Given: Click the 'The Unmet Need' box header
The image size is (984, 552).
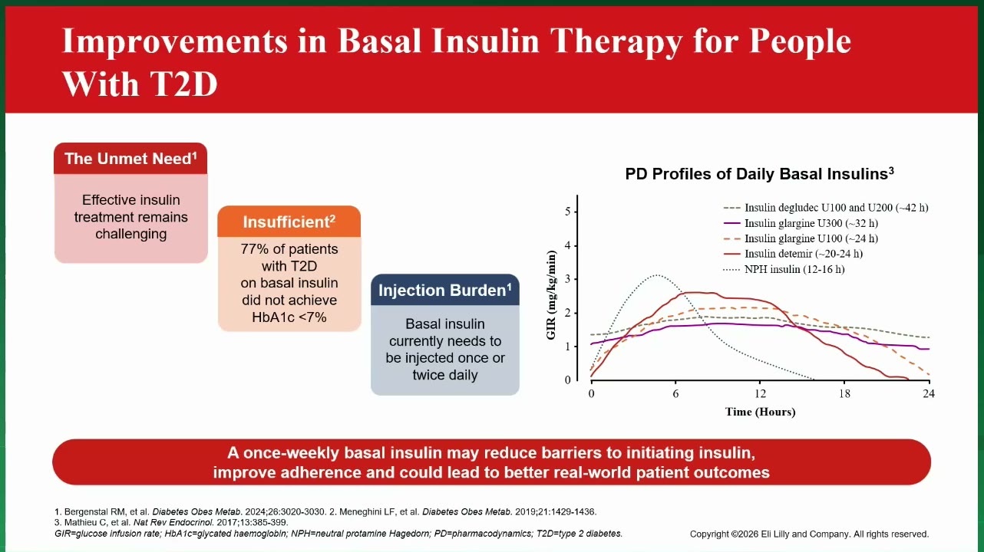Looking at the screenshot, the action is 130,159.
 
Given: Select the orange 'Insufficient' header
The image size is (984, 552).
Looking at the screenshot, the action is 289,222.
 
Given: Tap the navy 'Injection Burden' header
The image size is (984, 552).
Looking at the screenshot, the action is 445,290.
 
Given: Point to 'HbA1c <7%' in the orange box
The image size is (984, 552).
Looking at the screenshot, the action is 289,317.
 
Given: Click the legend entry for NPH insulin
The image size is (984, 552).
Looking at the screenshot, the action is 784,269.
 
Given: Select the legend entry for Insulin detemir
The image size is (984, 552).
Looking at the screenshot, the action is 793,254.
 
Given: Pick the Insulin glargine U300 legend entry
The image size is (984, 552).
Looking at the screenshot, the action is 801,223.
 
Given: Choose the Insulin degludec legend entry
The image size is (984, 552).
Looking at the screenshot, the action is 826,208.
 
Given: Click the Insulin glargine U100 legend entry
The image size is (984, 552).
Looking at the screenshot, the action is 801,238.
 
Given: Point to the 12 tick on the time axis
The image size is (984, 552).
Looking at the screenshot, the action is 760,393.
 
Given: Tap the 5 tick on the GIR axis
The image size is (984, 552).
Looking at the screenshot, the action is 568,212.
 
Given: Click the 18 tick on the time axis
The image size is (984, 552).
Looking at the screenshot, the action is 844,393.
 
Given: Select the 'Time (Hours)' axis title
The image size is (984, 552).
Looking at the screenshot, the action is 760,412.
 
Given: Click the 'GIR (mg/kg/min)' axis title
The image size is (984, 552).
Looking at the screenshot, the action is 551,295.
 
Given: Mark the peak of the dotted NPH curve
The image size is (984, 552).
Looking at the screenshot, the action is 656,275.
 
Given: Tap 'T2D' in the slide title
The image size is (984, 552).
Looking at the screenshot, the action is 183,84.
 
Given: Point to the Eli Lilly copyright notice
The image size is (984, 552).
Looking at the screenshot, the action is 809,534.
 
